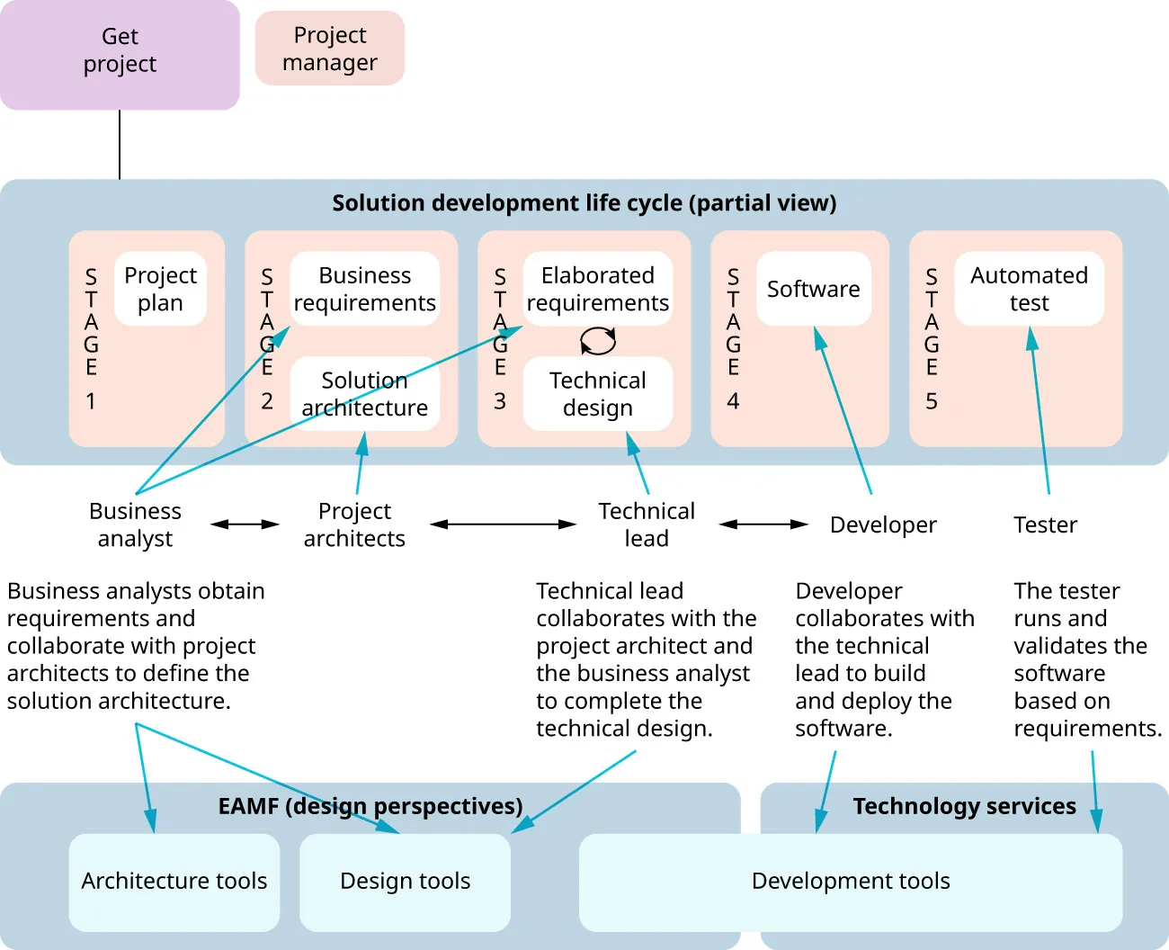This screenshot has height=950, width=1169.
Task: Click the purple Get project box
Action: [x=120, y=54]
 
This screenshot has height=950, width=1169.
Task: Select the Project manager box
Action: [x=329, y=49]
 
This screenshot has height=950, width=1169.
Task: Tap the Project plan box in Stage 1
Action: [x=160, y=289]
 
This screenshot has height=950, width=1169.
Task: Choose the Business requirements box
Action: [x=364, y=289]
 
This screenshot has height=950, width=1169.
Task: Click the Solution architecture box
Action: [x=364, y=394]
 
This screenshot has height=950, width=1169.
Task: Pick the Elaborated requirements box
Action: [x=597, y=289]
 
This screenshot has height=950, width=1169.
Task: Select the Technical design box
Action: [x=597, y=394]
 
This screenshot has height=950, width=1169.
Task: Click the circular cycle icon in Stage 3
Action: [x=598, y=341]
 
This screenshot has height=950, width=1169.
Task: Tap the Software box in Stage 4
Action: [x=813, y=289]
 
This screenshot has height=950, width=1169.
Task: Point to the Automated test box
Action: [x=1029, y=289]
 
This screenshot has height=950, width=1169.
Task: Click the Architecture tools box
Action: [x=174, y=882]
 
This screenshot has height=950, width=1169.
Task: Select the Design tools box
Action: [x=405, y=882]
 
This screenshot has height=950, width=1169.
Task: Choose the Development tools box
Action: [x=851, y=882]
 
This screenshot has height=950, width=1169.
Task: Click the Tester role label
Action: [x=1045, y=524]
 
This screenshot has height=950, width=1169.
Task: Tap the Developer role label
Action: [x=883, y=524]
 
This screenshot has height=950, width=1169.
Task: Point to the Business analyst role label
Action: [x=135, y=524]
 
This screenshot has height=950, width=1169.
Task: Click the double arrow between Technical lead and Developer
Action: [x=763, y=524]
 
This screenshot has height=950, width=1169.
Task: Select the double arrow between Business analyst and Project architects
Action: [x=245, y=524]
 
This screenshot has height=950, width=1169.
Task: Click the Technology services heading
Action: [x=964, y=806]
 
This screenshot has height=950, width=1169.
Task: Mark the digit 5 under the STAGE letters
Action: [x=932, y=401]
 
